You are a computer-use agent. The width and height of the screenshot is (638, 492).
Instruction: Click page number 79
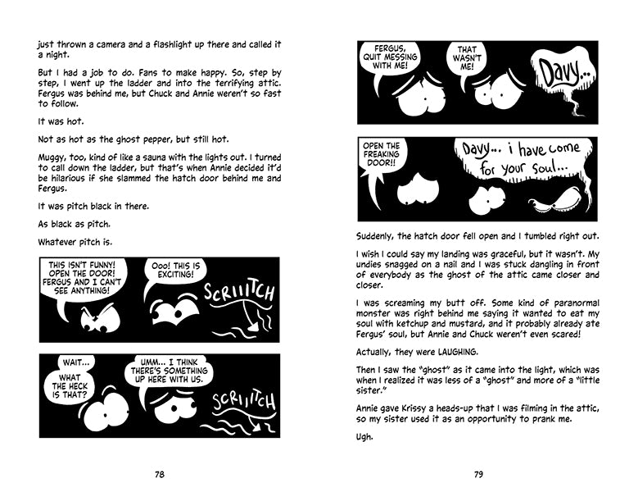(x=478, y=474)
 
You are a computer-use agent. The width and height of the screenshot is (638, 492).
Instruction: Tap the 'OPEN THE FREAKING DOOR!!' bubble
(x=389, y=158)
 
